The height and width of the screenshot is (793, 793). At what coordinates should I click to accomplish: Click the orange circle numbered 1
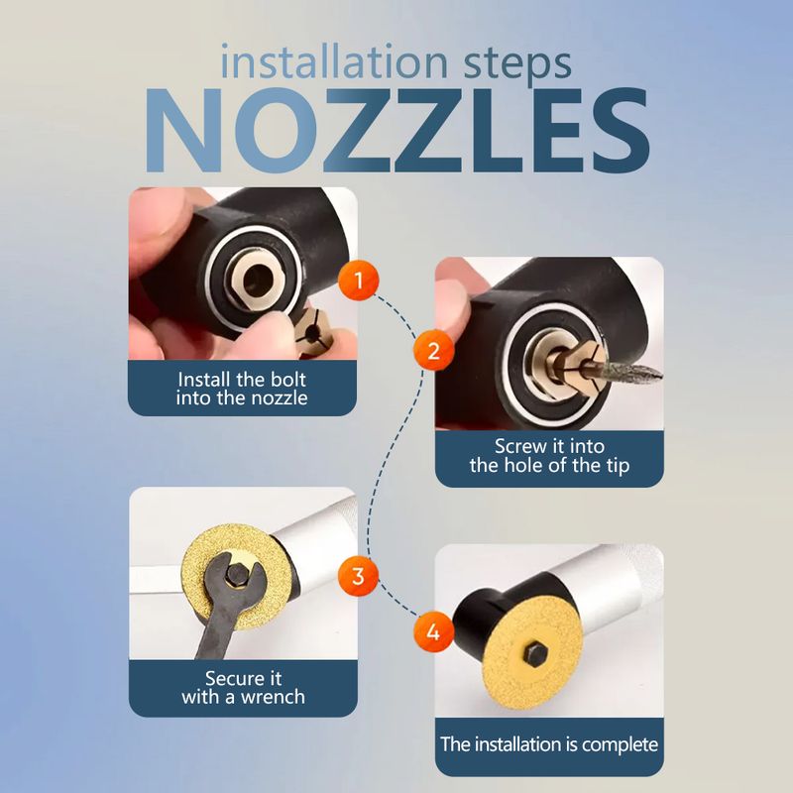click(359, 281)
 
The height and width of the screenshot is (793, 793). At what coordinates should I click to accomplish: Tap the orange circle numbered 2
click(433, 351)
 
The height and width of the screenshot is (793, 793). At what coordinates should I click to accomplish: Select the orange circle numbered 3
click(358, 576)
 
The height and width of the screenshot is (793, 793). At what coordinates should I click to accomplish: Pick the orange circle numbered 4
click(433, 632)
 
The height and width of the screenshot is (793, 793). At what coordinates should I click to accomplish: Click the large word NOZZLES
click(397, 131)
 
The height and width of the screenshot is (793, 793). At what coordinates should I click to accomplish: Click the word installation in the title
click(334, 62)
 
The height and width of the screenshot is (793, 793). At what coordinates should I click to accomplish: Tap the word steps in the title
click(517, 65)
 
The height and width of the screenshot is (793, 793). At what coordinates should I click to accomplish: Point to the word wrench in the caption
click(273, 697)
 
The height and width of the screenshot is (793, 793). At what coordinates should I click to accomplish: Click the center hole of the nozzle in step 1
click(260, 280)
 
